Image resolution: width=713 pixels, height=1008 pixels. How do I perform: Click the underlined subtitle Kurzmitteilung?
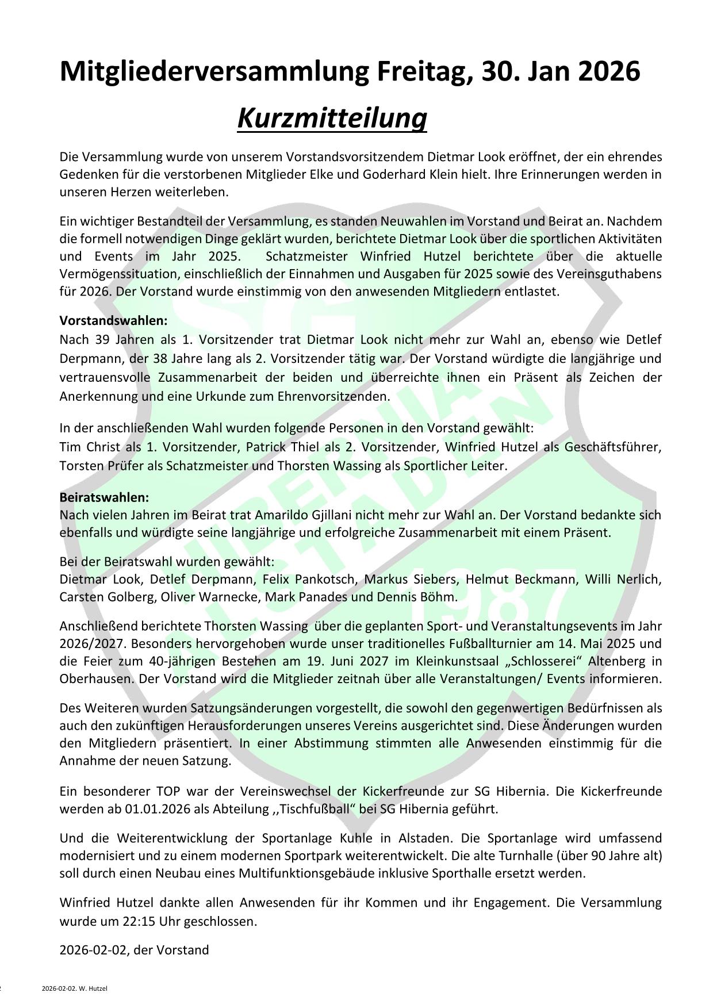[x=332, y=118]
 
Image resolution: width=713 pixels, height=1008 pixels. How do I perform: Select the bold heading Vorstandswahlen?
[x=113, y=320]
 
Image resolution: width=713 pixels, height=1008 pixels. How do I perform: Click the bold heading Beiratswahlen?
[x=104, y=497]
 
